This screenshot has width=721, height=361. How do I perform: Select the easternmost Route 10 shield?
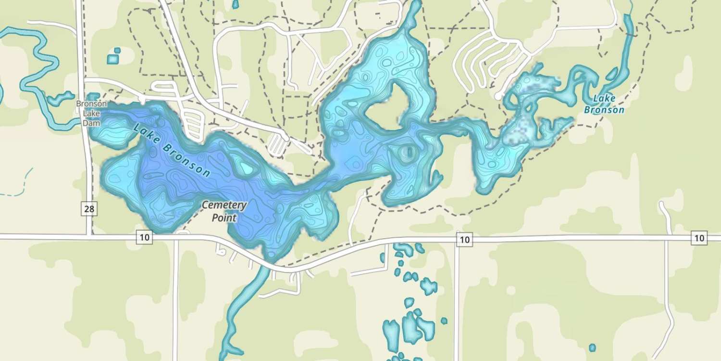tap(699, 237)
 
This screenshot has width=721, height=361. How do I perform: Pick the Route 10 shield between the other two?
tap(463, 239)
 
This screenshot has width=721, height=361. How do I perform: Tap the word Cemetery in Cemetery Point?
tap(224, 206)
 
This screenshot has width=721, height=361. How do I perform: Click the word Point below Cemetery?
tap(224, 218)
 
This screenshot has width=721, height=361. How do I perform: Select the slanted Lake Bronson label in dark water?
tap(172, 150)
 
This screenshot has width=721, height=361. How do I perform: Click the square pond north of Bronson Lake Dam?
tap(112, 59)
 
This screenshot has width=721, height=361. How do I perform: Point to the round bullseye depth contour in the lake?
tap(407, 153)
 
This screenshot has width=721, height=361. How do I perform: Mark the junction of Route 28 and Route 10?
tap(89, 236)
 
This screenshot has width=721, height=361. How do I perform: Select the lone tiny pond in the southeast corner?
tap(592, 348)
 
